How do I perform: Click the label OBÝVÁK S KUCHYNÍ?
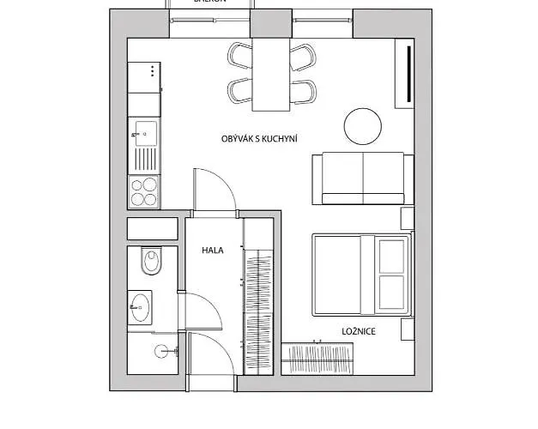(258, 138)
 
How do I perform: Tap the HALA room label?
(213, 251)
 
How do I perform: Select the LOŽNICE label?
(358, 330)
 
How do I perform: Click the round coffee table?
(363, 126)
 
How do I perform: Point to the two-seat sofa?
(361, 178)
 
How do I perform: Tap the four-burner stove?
(143, 190)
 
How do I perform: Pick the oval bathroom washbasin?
(141, 305)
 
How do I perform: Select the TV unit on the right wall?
(403, 76)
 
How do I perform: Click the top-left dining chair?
(239, 56)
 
